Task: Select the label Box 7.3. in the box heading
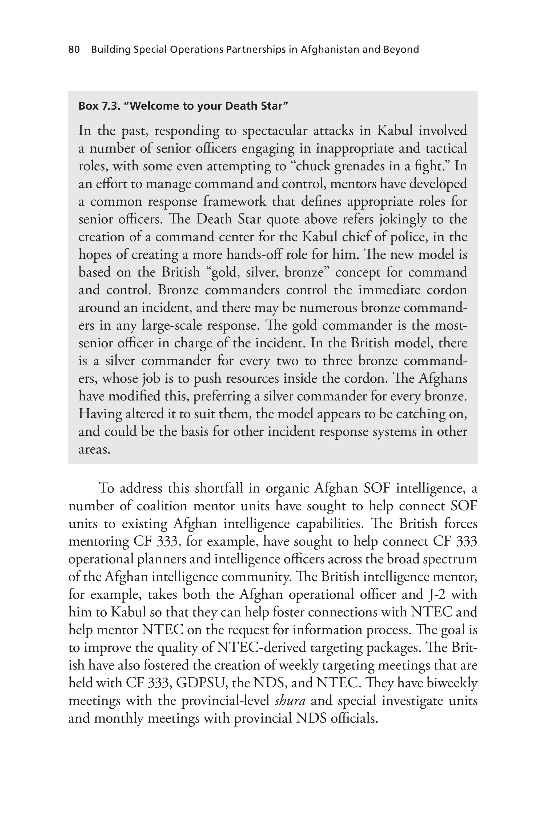click(x=99, y=106)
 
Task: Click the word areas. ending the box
click(x=94, y=449)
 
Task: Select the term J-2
click(x=435, y=594)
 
